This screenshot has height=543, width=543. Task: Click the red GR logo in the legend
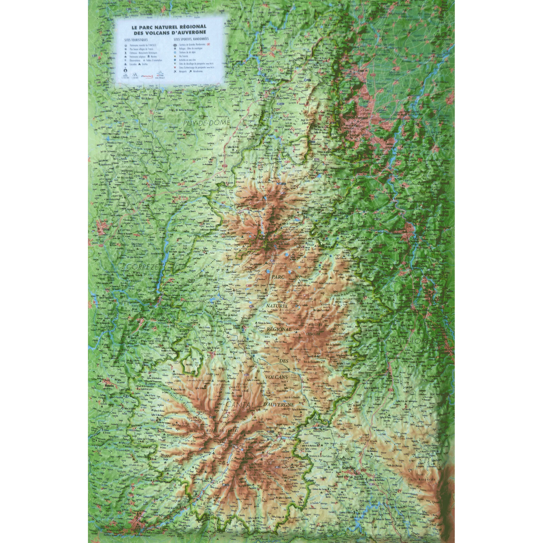tap(209, 45)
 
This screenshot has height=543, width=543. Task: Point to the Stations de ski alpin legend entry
tap(187, 53)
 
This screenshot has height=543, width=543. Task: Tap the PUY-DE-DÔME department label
tap(207, 122)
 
